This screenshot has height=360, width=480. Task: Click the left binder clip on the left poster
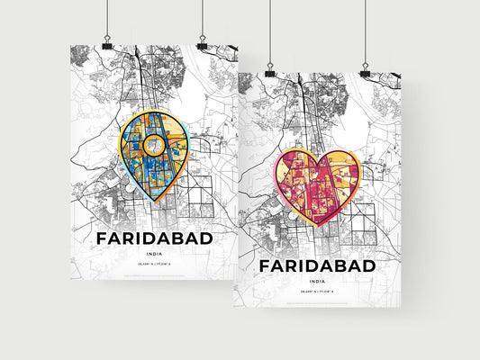(x=106, y=45)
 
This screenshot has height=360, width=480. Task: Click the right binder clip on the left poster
(x=202, y=45)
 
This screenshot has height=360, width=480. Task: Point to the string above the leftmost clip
(x=106, y=18)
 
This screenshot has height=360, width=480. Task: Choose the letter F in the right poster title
(x=266, y=267)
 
